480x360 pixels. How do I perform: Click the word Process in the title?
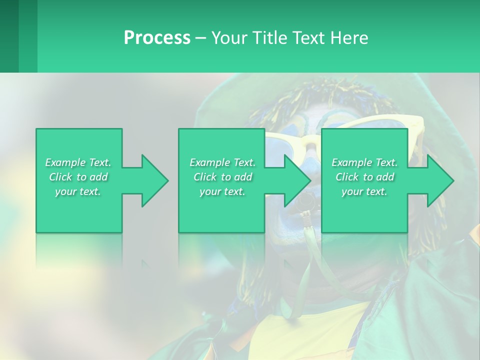[157, 38]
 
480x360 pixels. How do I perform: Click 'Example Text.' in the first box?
[78, 162]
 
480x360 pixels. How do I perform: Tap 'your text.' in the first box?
[78, 191]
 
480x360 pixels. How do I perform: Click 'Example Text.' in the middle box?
[222, 162]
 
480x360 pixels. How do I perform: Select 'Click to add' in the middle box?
[222, 177]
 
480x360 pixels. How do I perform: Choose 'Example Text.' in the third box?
[364, 162]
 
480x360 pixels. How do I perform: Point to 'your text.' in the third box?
[364, 191]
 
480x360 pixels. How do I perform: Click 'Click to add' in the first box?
[78, 177]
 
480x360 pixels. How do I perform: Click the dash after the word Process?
[200, 38]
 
